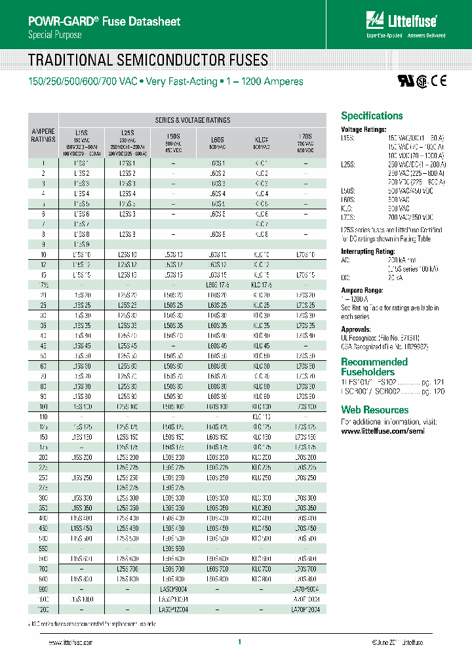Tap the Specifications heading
[372, 116]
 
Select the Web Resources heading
[374, 410]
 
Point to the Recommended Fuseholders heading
[374, 367]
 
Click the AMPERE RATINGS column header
[43, 135]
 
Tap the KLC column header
[261, 139]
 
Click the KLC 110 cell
[261, 417]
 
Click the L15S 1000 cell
[82, 600]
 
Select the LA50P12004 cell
[173, 610]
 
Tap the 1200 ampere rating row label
[43, 610]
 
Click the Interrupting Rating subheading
[367, 251]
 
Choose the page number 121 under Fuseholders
[439, 381]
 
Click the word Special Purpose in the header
[55, 35]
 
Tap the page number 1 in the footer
[240, 642]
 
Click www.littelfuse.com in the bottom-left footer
[61, 643]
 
